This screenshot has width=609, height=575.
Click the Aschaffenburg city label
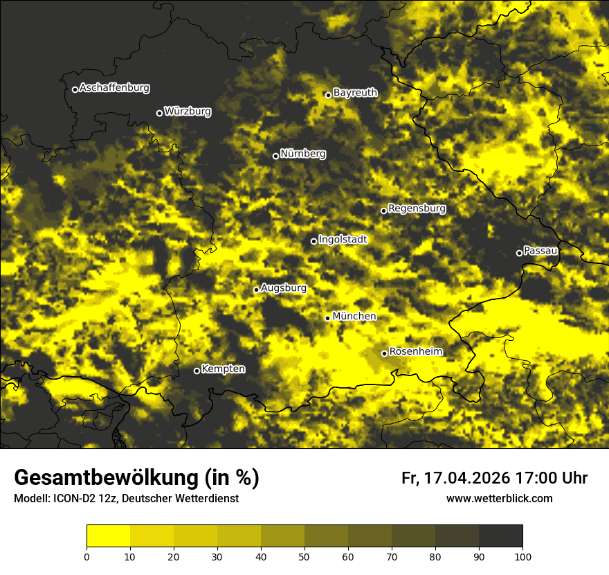[114, 88]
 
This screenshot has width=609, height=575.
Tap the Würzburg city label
[188, 111]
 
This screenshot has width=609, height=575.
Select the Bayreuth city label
[355, 93]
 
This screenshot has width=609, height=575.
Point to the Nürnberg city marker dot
[275, 156]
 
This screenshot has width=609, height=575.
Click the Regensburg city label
[417, 209]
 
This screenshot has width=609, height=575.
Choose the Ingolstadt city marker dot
[313, 241]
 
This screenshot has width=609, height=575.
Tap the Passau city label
[540, 251]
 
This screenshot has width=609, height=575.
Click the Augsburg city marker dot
[256, 290]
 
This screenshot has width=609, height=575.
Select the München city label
[354, 317]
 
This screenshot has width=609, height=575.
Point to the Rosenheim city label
[415, 352]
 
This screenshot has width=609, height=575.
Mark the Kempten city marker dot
[197, 371]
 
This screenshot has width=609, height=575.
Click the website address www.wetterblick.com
[499, 498]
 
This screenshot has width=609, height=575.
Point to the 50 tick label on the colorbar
[304, 556]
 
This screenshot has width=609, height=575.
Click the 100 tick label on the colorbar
[522, 556]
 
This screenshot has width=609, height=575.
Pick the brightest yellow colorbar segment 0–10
[108, 536]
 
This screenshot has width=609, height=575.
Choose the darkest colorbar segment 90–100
[500, 536]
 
